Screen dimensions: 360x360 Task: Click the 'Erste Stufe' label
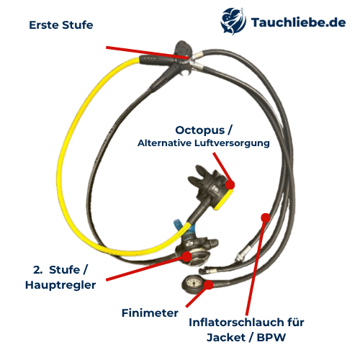point(61,25)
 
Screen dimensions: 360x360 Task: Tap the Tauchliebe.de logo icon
point(233,21)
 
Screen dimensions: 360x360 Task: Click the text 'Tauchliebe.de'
point(298,22)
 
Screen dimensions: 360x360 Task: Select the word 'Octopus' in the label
point(200,130)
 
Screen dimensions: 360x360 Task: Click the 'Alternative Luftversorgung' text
point(204,143)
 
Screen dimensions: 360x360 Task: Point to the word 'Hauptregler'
point(60,285)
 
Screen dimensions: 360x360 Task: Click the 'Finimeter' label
point(150,313)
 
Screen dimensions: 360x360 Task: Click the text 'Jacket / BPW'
point(246,338)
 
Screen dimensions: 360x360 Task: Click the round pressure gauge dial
point(193,283)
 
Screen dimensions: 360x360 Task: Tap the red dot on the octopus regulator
point(230,185)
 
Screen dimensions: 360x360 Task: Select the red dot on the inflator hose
point(266,217)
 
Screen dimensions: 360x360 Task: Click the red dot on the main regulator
point(186,256)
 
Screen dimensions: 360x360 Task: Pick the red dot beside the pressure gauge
point(209,285)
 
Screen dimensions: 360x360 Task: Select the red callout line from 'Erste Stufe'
point(148,53)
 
